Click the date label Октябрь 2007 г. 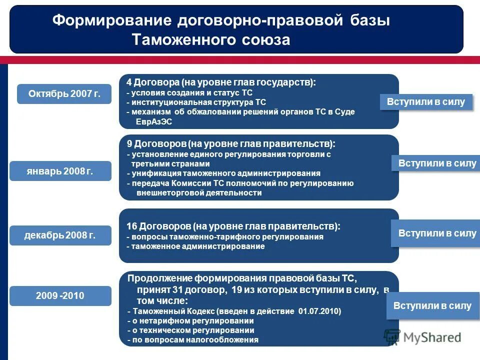tap(64, 94)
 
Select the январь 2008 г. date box tap(60, 171)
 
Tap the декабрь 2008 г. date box tap(60, 235)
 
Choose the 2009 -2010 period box tap(60, 296)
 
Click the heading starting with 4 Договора tap(221, 82)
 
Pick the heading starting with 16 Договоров tap(233, 226)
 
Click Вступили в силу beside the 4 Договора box tap(426, 102)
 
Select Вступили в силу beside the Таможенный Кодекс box tap(432, 306)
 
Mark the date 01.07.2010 tap(319, 311)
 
